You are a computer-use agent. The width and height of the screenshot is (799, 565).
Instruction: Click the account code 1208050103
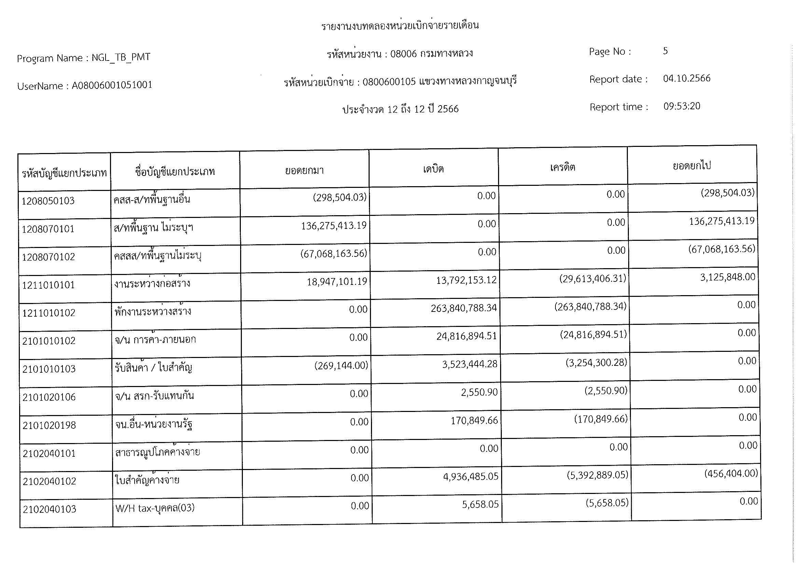point(48,201)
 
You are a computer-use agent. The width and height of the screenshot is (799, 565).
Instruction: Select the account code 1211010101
point(49,285)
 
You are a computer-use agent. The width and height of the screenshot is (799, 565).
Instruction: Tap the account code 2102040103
point(50,509)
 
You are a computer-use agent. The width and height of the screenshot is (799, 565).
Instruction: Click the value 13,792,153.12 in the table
point(466,280)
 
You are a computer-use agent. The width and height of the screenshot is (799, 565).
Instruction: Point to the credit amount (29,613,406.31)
point(593,279)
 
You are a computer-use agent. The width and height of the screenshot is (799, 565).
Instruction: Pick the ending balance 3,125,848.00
point(728,277)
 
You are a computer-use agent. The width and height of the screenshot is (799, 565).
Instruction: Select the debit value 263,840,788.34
point(464,308)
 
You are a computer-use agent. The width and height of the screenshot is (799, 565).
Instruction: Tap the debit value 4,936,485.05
point(470,476)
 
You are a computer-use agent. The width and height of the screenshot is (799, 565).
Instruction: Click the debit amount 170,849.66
point(474,421)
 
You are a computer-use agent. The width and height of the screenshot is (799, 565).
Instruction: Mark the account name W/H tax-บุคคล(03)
point(155,508)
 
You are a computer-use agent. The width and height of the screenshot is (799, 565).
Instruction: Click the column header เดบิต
point(433,169)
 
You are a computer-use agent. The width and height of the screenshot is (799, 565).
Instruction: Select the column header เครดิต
point(562,167)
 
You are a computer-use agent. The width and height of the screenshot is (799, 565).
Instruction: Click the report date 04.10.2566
point(687,78)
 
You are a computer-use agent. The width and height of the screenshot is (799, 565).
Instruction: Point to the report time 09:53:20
point(682,106)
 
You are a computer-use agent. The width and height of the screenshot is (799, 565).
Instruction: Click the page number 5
point(665,51)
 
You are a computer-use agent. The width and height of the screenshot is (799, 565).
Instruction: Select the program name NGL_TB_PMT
point(121,57)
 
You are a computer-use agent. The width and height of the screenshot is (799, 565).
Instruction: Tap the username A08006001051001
point(112,85)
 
